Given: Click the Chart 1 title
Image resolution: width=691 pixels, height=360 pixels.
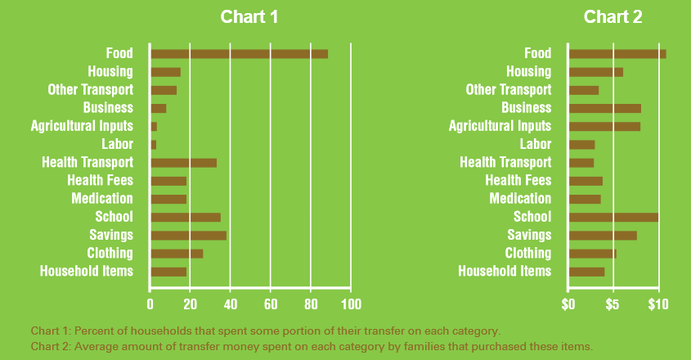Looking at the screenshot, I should [249, 17].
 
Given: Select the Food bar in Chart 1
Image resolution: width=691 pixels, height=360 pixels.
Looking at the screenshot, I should [239, 53].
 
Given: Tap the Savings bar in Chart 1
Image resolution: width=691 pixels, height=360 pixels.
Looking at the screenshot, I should [188, 235].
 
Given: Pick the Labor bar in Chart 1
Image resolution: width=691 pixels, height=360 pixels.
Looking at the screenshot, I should [153, 144].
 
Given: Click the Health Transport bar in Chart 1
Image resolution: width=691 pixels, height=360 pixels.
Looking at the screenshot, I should [183, 162].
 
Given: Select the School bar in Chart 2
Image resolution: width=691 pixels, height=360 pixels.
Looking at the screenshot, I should [613, 217].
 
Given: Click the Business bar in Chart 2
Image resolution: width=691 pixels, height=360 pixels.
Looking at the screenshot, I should [604, 108].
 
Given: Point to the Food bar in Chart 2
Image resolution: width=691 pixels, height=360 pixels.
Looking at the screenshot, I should [617, 53].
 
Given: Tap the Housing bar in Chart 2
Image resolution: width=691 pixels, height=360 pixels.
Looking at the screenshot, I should [595, 72].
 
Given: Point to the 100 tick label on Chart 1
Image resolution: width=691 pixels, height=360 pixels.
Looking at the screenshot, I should [350, 304].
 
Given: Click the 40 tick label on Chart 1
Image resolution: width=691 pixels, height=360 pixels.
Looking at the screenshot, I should [229, 304].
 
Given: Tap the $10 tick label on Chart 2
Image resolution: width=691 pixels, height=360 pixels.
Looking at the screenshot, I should [657, 304].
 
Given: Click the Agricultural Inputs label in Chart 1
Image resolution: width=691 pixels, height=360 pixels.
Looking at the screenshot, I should [82, 126].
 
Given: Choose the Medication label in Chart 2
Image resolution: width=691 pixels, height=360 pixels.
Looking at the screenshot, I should [520, 198].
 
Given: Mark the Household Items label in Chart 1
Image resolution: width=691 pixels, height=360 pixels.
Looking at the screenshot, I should [86, 271].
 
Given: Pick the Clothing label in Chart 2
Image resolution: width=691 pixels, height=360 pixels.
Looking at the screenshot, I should [527, 253].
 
